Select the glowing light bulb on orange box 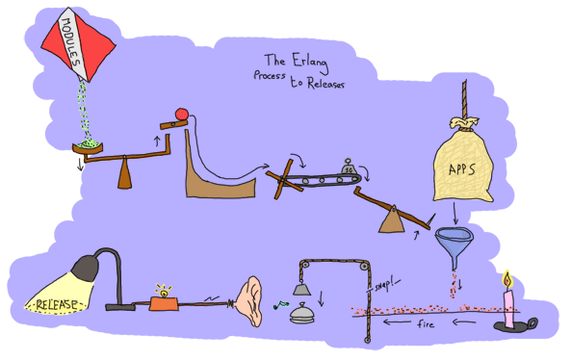coord(161,292)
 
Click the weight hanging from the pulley coord(301,288)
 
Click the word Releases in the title coord(324,83)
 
